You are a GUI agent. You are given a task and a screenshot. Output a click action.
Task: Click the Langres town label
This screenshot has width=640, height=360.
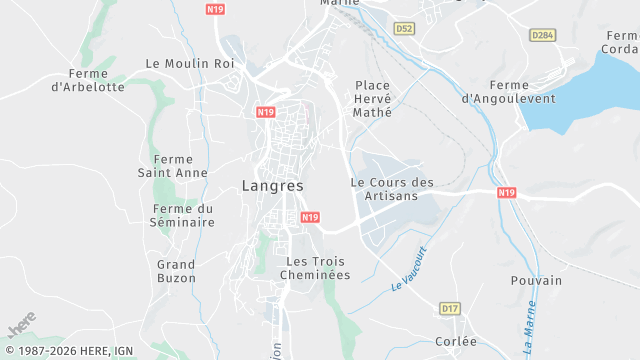[x=272, y=186]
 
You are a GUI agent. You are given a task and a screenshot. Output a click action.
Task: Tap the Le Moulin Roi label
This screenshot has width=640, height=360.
[x=189, y=63]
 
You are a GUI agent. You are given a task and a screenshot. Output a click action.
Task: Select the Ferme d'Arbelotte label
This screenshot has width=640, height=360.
[x=96, y=80]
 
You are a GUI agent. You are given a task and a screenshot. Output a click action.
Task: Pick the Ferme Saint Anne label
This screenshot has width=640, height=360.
[x=173, y=166]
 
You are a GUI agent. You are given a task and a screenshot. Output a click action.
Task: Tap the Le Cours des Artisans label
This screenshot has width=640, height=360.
[x=392, y=189]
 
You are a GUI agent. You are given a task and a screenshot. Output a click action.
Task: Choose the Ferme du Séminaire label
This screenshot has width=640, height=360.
[x=183, y=215]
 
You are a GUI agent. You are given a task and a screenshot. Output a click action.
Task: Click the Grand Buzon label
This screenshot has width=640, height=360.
[x=176, y=271]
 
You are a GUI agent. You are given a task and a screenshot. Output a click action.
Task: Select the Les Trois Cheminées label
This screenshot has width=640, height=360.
[x=314, y=268]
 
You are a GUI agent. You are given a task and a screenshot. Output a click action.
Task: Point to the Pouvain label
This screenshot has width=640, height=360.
[x=536, y=281]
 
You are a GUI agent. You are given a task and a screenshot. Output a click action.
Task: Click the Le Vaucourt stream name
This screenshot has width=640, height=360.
[x=409, y=268]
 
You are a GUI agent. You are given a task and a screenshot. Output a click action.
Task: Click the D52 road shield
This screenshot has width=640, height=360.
[x=404, y=29]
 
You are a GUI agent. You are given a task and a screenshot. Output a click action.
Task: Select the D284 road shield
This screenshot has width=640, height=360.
[x=543, y=35]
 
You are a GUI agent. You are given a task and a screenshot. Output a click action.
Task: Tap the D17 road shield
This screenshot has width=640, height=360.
[x=450, y=310]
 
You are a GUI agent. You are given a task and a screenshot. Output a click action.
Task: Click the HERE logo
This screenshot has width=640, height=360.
[x=22, y=324]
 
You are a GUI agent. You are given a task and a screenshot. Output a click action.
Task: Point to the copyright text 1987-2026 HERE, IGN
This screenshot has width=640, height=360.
[x=67, y=351]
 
